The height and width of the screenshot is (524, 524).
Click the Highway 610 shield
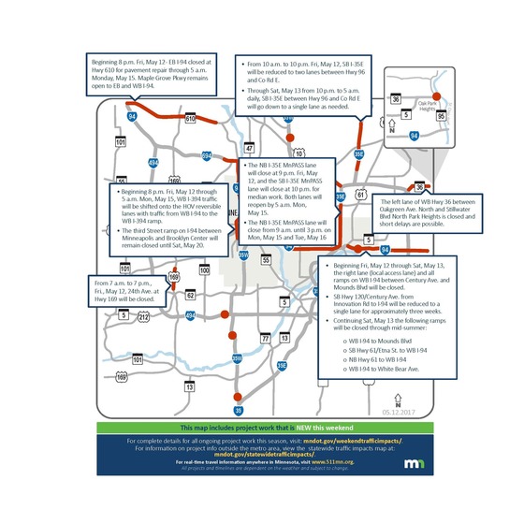point(190,120)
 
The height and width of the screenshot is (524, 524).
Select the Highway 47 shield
point(250,149)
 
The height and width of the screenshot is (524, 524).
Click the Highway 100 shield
point(205,269)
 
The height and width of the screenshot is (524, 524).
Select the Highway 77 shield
point(265,337)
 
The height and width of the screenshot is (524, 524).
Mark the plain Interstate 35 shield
point(238,409)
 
